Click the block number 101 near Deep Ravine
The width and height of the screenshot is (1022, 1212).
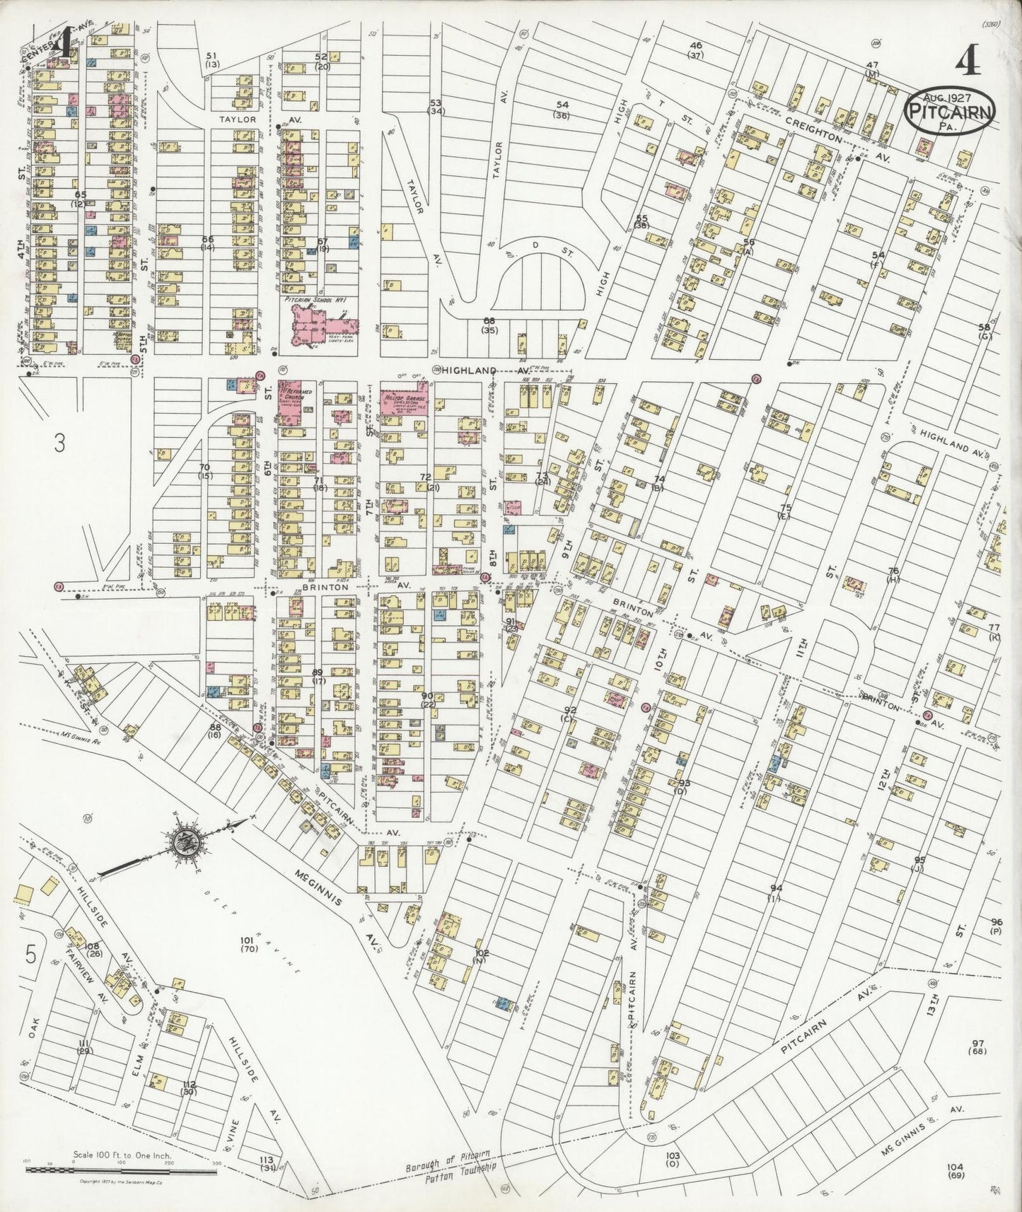[x=247, y=940]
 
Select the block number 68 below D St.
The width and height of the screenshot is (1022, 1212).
[x=489, y=321]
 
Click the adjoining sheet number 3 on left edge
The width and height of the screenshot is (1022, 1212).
[x=60, y=443]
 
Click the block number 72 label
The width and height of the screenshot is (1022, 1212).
[x=425, y=478]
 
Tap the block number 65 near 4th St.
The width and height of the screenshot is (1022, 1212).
[x=80, y=194]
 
